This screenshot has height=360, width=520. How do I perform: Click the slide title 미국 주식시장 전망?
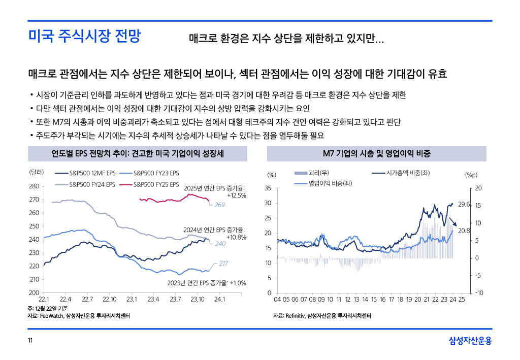pos(84,37)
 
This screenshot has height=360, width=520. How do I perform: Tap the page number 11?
pos(30,340)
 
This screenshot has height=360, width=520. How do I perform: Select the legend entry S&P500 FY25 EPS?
pos(156,184)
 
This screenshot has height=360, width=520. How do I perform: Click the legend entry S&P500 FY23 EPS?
pos(156,173)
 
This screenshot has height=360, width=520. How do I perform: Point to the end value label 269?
pos(219,205)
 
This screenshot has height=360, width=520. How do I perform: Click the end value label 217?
pos(224,264)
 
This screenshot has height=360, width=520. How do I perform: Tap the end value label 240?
pos(220,244)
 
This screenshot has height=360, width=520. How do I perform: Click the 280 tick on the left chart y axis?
pos(34,186)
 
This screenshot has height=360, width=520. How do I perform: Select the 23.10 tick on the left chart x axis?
pos(198,299)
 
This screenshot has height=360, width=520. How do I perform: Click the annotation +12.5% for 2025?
pos(236,195)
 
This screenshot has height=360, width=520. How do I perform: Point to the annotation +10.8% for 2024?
pos(236,237)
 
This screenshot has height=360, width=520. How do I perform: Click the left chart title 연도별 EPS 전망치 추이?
pos(131,153)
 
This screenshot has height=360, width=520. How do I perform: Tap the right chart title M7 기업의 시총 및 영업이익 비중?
pos(376,153)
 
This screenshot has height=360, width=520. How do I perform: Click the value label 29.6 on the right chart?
pos(464,205)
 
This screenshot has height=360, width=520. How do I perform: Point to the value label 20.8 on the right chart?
pos(464,231)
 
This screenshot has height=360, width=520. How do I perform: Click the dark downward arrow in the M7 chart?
pos(451,221)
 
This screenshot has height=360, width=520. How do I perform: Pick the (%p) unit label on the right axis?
pos(471,175)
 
